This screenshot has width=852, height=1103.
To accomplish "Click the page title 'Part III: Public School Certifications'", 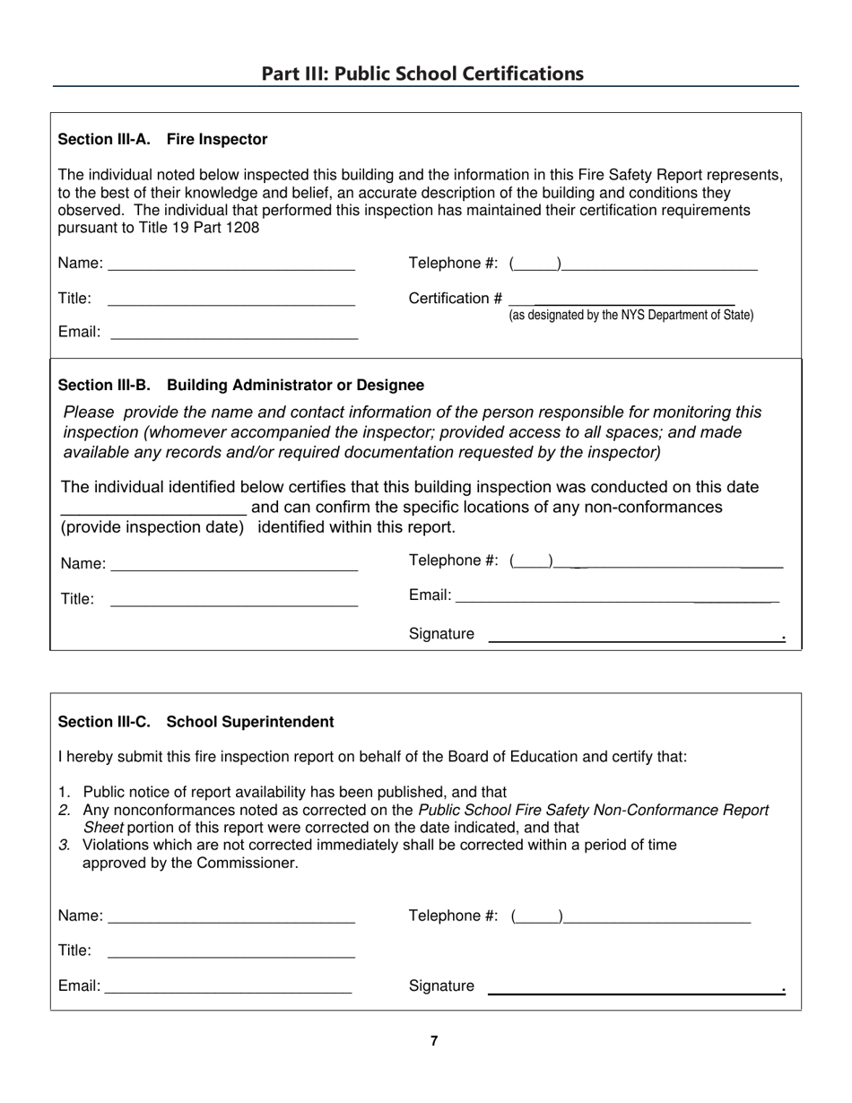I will pos(422,74).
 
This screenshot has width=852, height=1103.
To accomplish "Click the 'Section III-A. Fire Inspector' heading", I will pos(162,140).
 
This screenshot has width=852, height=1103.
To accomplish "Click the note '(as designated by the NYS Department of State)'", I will pos(630,316).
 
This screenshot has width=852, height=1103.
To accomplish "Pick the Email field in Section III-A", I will pos(233,334).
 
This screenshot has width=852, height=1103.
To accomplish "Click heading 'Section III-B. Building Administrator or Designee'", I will pos(240,386).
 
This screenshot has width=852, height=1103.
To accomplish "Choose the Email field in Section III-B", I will pos(617,596).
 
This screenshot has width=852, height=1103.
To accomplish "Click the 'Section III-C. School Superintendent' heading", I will pos(196,723).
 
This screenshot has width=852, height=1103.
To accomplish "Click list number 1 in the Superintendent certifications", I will pos(63,792).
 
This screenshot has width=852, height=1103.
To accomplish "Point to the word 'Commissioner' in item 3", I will pos(251,864).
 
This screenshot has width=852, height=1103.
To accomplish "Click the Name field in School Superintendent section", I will pos(231,917).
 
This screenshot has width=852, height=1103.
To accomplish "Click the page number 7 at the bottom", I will pos(434,1041).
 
